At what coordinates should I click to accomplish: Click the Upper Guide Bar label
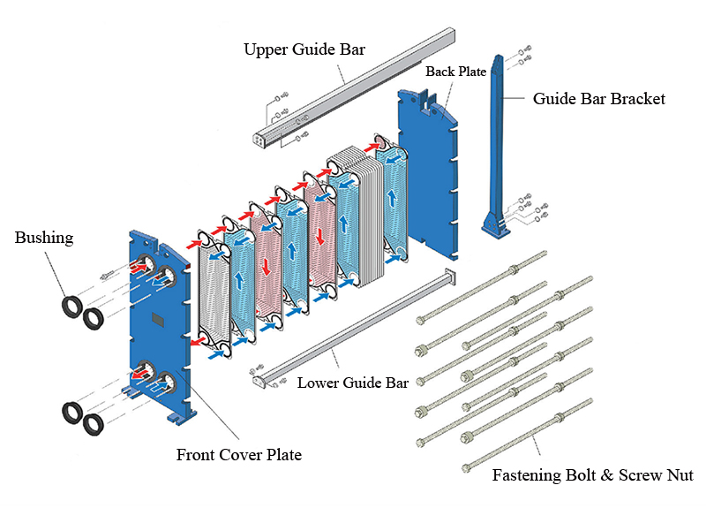click(x=304, y=49)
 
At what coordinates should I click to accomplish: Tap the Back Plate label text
click(x=455, y=72)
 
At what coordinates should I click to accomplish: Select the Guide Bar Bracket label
click(x=598, y=99)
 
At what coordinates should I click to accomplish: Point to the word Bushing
click(x=44, y=239)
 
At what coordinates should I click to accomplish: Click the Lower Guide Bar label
click(x=352, y=383)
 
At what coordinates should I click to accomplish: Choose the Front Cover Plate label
click(x=238, y=456)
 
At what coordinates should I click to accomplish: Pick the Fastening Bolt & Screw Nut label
click(x=592, y=476)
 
